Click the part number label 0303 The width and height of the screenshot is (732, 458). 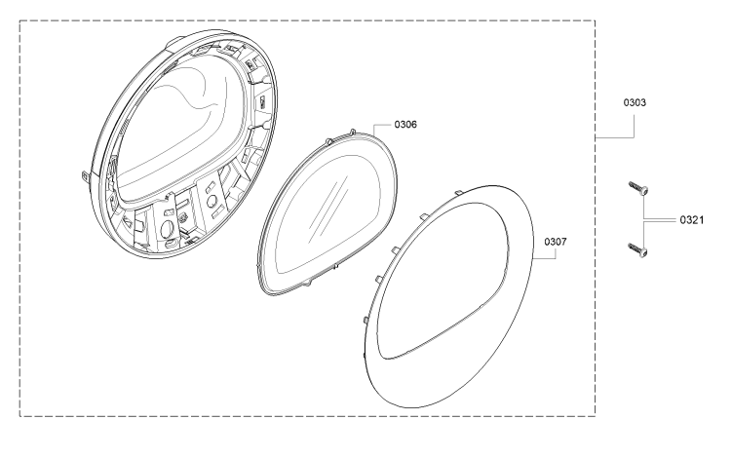pyautogui.click(x=635, y=102)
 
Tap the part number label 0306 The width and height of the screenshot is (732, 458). pyautogui.click(x=405, y=124)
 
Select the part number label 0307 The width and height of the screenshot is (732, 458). pyautogui.click(x=556, y=242)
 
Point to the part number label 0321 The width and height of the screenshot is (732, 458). pyautogui.click(x=691, y=220)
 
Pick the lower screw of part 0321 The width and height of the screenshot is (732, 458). pyautogui.click(x=638, y=249)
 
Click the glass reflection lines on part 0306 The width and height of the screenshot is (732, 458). pyautogui.click(x=328, y=206)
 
